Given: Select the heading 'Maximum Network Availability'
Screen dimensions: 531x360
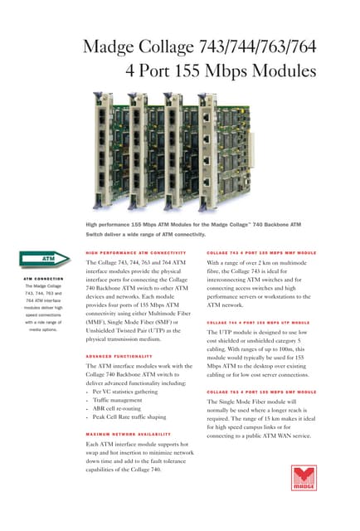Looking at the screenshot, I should pyautogui.click(x=129, y=434).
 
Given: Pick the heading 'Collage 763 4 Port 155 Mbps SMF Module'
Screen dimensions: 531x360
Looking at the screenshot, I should pyautogui.click(x=261, y=392).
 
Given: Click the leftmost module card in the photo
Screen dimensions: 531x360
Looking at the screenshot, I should pyautogui.click(x=105, y=141).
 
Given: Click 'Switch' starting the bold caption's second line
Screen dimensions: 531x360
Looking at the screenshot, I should pyautogui.click(x=97, y=235).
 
